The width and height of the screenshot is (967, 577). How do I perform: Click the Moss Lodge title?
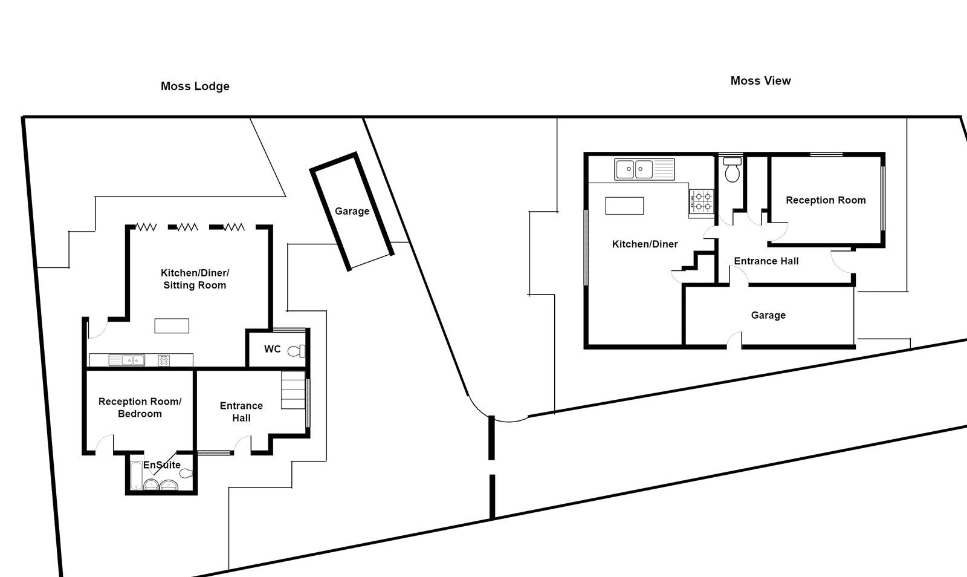click(x=195, y=86)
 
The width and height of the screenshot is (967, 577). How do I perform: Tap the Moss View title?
click(x=760, y=80)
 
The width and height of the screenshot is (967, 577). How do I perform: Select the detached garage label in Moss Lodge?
click(x=352, y=211)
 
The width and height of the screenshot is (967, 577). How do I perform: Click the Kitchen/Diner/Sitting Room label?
click(x=195, y=279)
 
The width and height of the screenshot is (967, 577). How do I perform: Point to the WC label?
click(x=272, y=349)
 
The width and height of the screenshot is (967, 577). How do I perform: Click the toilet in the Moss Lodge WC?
click(x=296, y=351)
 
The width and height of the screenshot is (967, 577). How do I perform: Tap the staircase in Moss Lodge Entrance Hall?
click(x=294, y=391)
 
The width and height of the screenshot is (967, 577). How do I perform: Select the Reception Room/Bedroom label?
click(x=140, y=407)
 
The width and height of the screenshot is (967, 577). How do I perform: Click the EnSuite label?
click(x=161, y=465)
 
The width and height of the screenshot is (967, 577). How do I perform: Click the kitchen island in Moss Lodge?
click(x=172, y=326)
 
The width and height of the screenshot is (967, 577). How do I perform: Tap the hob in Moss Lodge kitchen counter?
click(x=164, y=360)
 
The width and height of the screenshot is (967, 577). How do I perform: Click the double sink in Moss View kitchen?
click(x=634, y=169)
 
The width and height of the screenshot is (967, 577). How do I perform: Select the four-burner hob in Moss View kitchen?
click(x=702, y=201)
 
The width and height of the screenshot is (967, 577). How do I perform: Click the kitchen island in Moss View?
click(x=624, y=206)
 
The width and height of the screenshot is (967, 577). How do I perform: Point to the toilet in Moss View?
click(x=733, y=170)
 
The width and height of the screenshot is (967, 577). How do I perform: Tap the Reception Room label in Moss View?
click(x=826, y=200)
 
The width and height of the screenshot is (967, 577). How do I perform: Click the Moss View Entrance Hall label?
click(x=766, y=261)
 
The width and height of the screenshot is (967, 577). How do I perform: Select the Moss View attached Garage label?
click(x=768, y=315)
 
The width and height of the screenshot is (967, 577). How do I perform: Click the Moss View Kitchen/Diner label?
click(x=645, y=244)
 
